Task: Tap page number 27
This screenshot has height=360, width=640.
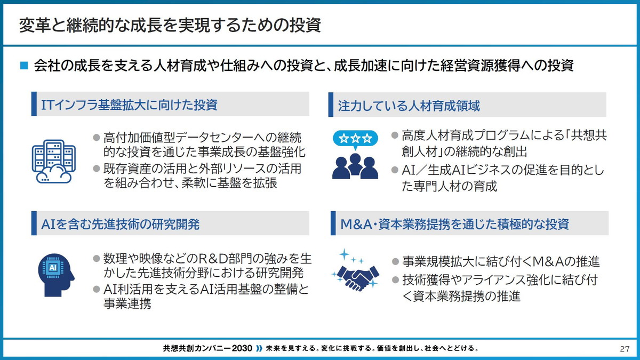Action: (625, 349)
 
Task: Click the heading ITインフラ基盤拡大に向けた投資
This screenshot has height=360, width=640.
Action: (130, 104)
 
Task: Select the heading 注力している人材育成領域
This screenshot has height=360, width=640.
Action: (409, 106)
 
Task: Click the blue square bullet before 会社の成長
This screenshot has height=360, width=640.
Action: (23, 66)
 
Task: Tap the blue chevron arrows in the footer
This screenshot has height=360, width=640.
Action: (259, 349)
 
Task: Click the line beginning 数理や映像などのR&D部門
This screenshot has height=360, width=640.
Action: (202, 260)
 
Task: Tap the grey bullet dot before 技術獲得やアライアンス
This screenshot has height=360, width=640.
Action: (395, 279)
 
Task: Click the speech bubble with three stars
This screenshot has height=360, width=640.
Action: (355, 138)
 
